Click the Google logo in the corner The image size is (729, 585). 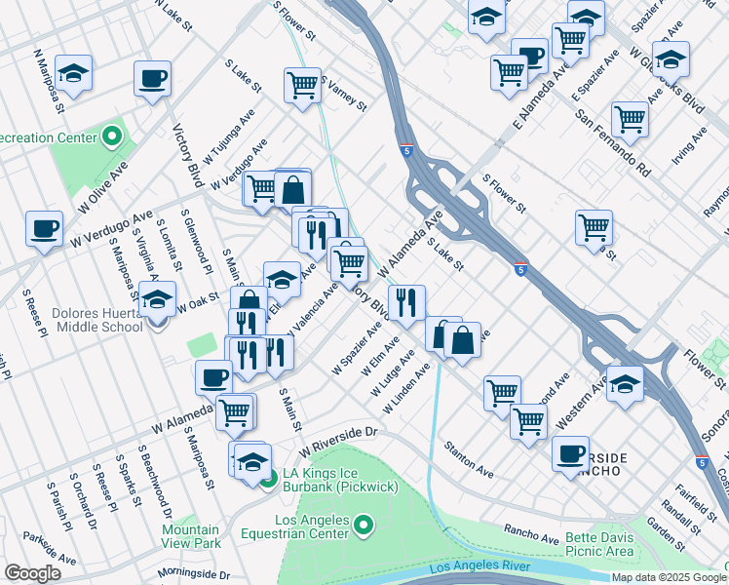pos(32,573)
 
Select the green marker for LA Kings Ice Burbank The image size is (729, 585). pos(267,476)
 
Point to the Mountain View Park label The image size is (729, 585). pos(190,536)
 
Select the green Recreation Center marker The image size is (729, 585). pos(111,136)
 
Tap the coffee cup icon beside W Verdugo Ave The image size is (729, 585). pos(43,228)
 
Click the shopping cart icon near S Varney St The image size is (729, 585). pos(303,85)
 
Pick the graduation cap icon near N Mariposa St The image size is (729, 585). pos(73,73)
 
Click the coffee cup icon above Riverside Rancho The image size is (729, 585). pos(570,452)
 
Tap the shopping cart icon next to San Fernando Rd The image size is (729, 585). pos(631,119)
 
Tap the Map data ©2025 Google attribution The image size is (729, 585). pos(669,577)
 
